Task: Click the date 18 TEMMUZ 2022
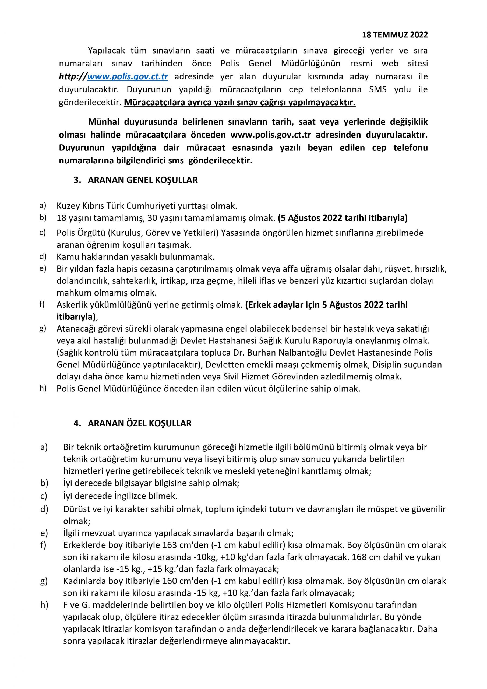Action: coord(395,35)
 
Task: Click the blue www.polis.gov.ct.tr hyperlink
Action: coord(128,76)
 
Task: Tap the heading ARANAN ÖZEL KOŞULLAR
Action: coord(140,423)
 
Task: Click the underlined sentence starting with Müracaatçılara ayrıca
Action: coord(239,103)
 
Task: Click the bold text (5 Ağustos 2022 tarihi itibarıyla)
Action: coord(343,218)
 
